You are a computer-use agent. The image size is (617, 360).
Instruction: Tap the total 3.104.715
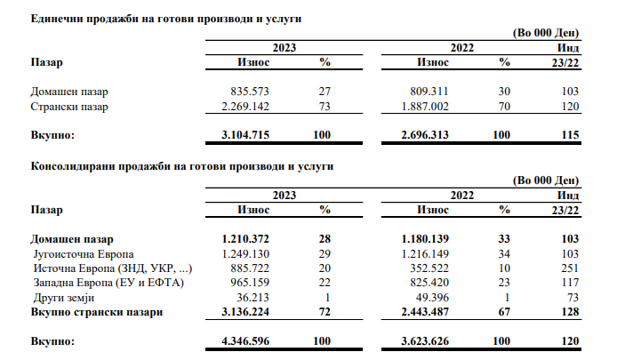(242, 134)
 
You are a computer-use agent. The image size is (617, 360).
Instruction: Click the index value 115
(571, 134)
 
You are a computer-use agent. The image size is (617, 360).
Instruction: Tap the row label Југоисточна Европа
(83, 254)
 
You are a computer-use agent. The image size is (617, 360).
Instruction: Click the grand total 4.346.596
(242, 340)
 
